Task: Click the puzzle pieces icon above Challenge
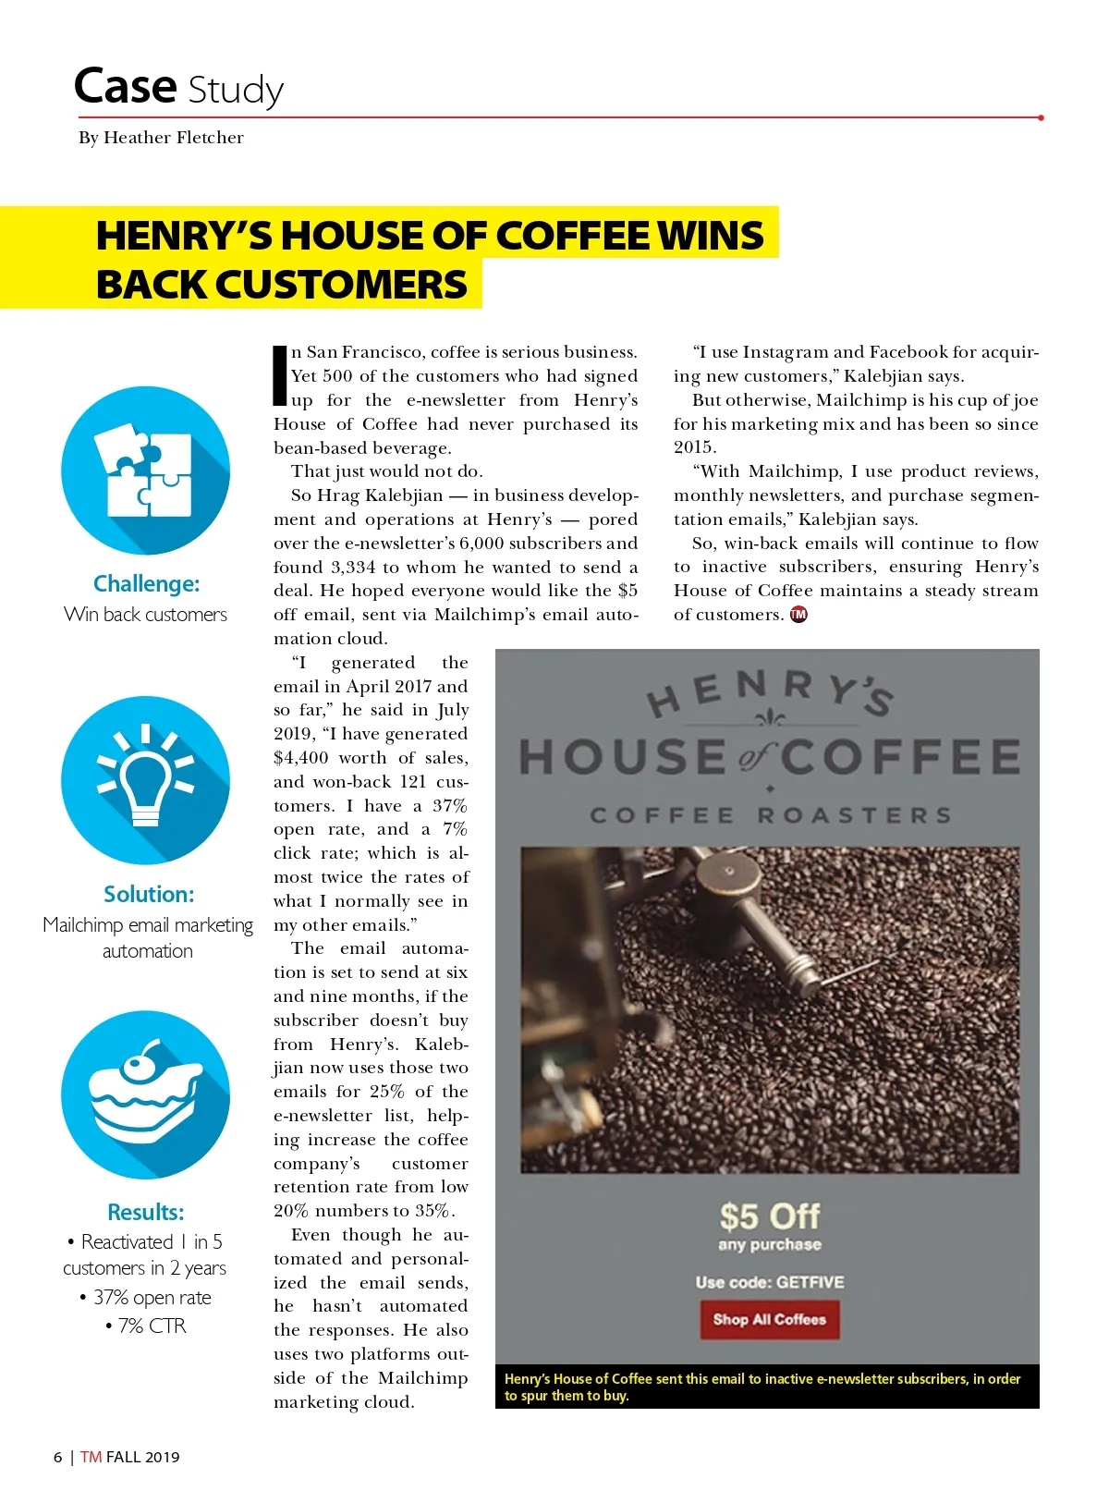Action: coord(145,470)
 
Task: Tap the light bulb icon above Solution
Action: coord(145,780)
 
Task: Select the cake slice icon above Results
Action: coord(145,1094)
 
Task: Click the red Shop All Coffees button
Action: coord(769,1319)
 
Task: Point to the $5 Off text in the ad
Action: coord(769,1216)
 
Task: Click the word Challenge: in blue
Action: coord(146,583)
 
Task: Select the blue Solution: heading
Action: coord(149,894)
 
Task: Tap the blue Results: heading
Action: coord(146,1212)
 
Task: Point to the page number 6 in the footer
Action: coord(58,1457)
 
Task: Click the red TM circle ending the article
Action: coord(798,615)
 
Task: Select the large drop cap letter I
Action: coord(280,374)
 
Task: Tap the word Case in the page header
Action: coord(125,87)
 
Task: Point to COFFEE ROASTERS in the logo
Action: coord(770,815)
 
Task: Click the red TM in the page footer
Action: coord(91,1457)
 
